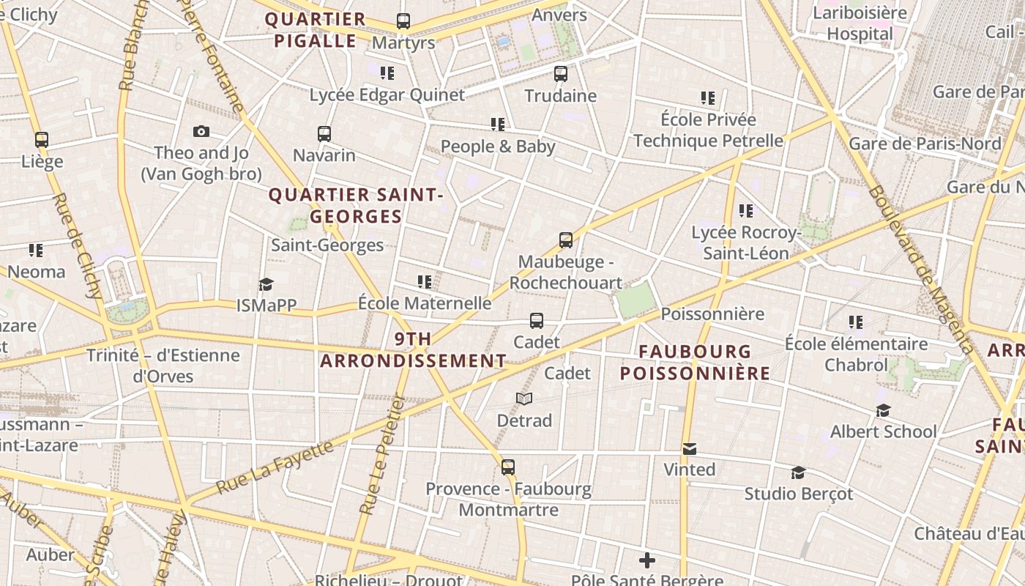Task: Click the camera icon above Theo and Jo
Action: tap(201, 132)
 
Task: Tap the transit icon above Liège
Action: tap(42, 139)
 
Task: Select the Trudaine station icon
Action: tap(561, 74)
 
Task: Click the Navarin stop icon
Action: tap(324, 134)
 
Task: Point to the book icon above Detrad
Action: tap(524, 399)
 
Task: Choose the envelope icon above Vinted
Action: tap(690, 448)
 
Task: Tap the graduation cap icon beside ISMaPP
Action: tap(266, 284)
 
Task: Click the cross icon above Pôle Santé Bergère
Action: tap(647, 561)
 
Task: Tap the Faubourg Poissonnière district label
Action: tap(695, 363)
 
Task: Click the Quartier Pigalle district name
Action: tap(316, 30)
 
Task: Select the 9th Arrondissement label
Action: tap(413, 350)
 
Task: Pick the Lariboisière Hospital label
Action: tap(860, 23)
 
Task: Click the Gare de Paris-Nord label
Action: tap(924, 144)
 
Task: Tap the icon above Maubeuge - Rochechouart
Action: tap(566, 240)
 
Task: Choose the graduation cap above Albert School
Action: tap(884, 411)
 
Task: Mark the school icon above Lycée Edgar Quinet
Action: tap(387, 73)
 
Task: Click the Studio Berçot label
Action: tap(799, 494)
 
